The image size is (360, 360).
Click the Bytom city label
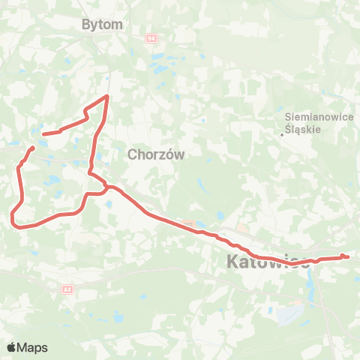[101, 25]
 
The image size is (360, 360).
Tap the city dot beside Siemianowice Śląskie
[282, 134]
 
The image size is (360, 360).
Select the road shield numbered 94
[151, 36]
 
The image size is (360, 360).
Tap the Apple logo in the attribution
[12, 347]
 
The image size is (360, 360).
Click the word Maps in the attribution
[32, 348]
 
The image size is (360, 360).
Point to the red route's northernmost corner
[108, 96]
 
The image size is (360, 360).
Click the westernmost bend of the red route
[12, 217]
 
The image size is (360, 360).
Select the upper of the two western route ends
[43, 134]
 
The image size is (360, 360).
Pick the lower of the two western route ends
[33, 148]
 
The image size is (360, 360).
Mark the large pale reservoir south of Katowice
[289, 313]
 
